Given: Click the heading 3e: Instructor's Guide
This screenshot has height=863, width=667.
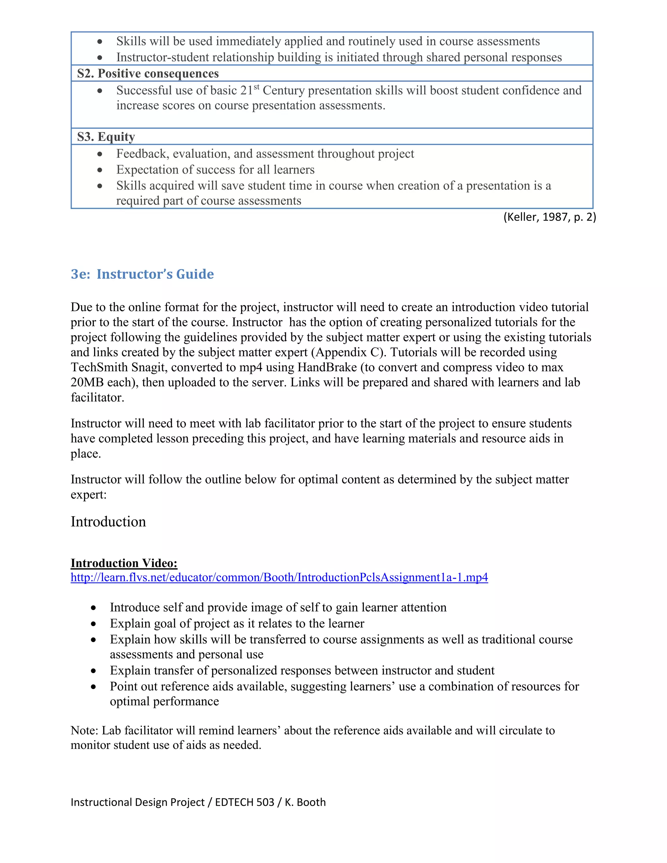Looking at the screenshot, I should coord(142,274).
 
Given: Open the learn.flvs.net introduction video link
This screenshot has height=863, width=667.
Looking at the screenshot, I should coord(279,577).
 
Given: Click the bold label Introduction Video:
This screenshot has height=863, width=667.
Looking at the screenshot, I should coord(124,563).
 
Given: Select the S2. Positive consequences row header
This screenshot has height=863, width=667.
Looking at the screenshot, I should coord(148,74).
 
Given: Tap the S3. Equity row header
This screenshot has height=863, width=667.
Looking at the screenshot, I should coord(106,137).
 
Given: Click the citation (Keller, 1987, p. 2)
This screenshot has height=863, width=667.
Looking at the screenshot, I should coord(549,217).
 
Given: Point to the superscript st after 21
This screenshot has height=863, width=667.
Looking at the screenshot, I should coord(256,87).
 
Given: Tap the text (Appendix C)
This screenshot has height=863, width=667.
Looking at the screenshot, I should coord(351,352).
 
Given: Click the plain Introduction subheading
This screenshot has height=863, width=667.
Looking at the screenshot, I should coord(108,522).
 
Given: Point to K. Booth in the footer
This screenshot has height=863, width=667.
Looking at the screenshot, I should coord(305,802).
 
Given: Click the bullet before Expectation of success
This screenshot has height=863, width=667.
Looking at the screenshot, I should coord(100,170).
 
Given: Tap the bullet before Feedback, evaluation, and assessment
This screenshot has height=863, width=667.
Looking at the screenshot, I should coord(100,154).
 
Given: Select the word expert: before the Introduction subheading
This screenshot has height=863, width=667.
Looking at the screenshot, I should coord(89,494).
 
